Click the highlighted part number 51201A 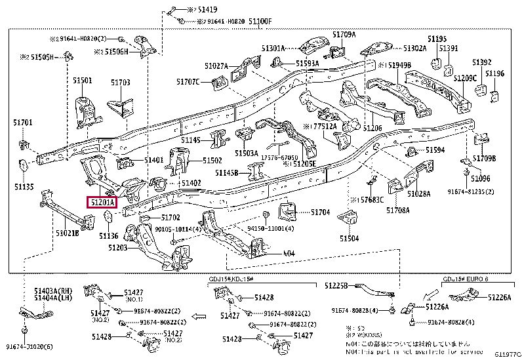pos(102,202)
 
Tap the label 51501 pos(82,80)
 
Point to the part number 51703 pos(120,83)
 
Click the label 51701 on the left pos(22,122)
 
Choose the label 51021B pos(67,233)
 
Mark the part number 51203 pos(118,249)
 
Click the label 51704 pos(320,212)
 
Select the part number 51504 pos(349,239)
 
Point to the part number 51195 pos(437,39)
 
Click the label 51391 pos(449,49)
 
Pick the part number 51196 pos(494,73)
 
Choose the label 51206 pos(372,128)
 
